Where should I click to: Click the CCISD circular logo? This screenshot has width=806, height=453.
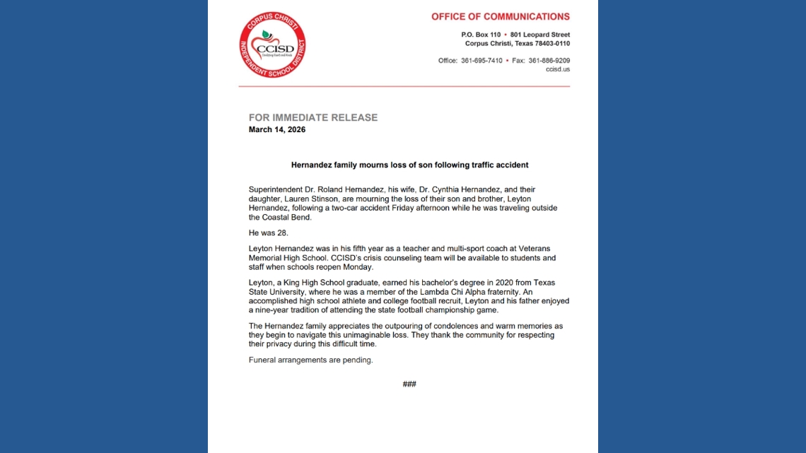pyautogui.click(x=272, y=45)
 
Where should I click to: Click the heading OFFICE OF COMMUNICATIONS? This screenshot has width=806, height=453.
pyautogui.click(x=500, y=16)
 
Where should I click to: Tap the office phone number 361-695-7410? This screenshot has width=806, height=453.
pyautogui.click(x=481, y=61)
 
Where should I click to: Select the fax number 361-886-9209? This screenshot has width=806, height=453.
pyautogui.click(x=549, y=61)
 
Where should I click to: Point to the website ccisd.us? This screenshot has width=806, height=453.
pyautogui.click(x=558, y=69)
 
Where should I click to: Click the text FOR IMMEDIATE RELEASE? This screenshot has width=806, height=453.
pyautogui.click(x=313, y=117)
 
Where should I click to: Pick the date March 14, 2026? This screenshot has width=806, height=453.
pyautogui.click(x=277, y=130)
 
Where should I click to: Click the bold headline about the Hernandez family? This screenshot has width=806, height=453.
pyautogui.click(x=409, y=165)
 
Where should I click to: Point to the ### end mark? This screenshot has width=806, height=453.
pyautogui.click(x=409, y=384)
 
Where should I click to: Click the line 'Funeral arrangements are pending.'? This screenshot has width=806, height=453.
pyautogui.click(x=310, y=360)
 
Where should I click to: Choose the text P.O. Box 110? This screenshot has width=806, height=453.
pyautogui.click(x=481, y=35)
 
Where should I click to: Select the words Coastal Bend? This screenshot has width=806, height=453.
pyautogui.click(x=280, y=217)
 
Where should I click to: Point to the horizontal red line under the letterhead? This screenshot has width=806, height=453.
pyautogui.click(x=404, y=86)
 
